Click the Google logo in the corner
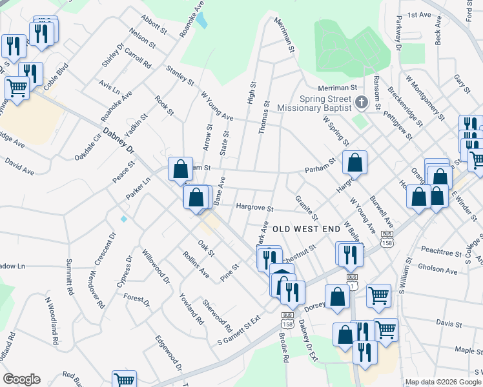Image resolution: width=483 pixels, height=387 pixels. (x=21, y=379)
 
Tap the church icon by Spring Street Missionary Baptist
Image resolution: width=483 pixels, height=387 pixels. (x=361, y=102)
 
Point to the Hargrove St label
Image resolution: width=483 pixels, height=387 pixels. (x=255, y=208)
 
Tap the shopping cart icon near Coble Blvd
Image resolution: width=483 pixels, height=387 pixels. (x=17, y=88)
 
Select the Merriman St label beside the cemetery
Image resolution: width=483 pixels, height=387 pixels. (x=337, y=87)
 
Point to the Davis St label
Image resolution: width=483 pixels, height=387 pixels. (x=446, y=322)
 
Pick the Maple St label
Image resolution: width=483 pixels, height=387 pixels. (x=465, y=350)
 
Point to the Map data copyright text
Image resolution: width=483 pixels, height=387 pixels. (x=442, y=382)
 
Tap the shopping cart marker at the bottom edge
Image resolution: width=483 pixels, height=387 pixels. (x=124, y=380)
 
